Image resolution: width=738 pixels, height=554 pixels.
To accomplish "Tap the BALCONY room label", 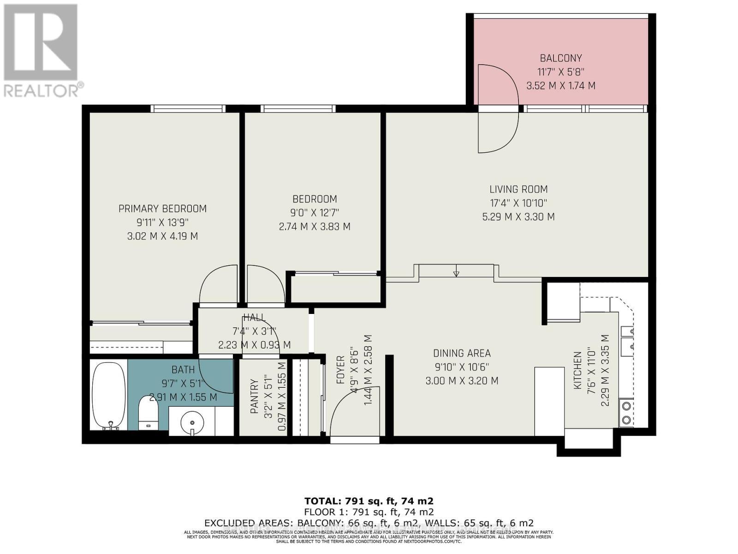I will (x=560, y=58).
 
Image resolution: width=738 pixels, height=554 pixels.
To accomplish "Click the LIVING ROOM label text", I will (x=518, y=189).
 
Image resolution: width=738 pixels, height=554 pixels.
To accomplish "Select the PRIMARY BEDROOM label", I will (x=162, y=209).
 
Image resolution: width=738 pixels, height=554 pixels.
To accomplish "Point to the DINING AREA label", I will (x=462, y=354).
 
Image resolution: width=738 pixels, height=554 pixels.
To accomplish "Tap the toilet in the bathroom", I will (x=149, y=413).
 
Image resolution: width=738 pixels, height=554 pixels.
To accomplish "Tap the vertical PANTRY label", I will (x=254, y=396).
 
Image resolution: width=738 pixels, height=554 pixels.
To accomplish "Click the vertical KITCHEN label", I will (x=577, y=370).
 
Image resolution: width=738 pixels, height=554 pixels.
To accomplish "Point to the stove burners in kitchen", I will (x=627, y=412).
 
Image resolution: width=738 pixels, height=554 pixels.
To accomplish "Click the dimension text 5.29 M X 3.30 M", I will (x=518, y=217).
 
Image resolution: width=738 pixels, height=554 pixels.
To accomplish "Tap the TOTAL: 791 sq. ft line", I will (x=369, y=501).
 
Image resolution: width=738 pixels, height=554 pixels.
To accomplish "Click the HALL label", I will (x=254, y=317).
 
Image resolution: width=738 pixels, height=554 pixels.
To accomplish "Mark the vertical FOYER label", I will (x=340, y=370).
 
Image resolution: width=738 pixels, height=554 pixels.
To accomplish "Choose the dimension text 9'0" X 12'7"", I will (x=315, y=213).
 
